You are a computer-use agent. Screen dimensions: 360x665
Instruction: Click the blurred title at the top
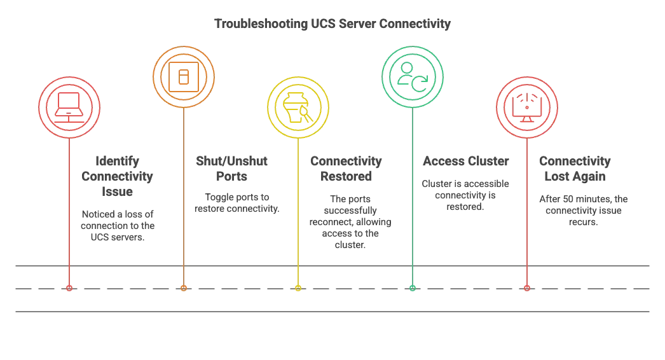333,25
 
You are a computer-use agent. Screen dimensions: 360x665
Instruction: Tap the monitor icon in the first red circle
68,106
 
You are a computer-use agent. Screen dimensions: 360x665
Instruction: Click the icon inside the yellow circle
298,107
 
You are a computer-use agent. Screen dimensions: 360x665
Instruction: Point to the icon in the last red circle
526,106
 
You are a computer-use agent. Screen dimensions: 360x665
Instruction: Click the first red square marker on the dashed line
69,289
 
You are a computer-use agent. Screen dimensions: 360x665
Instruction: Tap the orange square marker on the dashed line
184,289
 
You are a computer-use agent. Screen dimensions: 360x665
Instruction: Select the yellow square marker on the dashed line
298,289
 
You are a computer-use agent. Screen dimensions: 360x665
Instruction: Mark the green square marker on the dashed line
413,289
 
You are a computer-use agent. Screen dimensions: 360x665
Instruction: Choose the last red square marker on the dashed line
527,289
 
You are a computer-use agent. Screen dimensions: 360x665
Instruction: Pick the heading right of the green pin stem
467,162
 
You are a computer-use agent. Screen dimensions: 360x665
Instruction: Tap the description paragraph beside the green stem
467,195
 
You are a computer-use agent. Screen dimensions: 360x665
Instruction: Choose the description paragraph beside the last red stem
584,210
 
